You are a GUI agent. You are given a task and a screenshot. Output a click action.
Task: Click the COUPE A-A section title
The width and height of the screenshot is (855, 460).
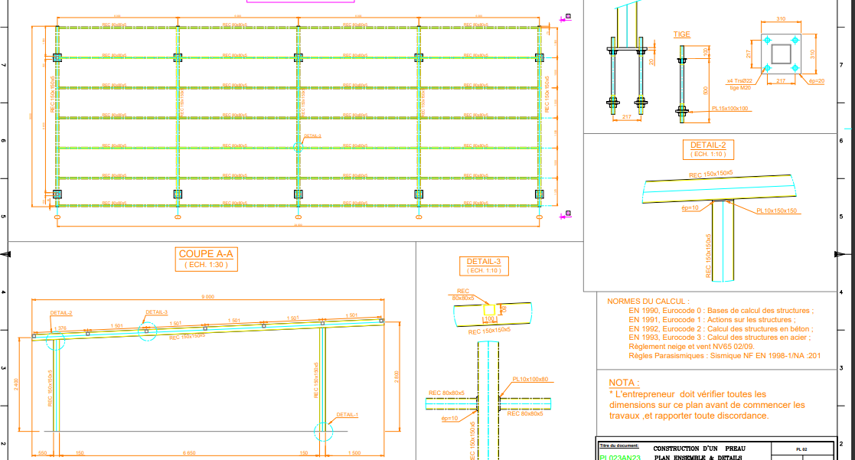(205, 254)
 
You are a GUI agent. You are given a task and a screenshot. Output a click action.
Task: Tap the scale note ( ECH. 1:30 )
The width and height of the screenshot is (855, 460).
(205, 265)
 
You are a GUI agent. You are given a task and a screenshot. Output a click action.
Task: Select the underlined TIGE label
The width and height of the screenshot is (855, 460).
(681, 34)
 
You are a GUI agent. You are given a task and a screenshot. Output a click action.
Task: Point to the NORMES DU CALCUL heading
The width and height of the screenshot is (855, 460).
(648, 302)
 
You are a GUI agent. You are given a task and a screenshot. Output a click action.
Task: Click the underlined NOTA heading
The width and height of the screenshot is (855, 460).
(624, 383)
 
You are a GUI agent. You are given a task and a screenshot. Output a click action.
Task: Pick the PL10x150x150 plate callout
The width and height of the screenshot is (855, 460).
(777, 210)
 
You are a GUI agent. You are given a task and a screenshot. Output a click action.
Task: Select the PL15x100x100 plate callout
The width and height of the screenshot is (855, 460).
(731, 109)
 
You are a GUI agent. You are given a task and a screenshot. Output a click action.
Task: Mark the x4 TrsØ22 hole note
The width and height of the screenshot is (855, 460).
(739, 80)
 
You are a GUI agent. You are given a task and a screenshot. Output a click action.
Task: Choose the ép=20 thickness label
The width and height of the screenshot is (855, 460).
(817, 80)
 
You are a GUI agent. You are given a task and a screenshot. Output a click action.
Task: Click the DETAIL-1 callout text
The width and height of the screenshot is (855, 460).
(347, 415)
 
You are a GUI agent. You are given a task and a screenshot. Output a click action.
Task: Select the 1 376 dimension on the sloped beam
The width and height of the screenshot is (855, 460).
(61, 328)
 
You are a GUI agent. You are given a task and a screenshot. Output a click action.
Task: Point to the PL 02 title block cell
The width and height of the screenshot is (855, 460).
(801, 449)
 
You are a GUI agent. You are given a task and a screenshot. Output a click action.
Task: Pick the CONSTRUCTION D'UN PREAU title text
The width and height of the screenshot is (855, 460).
(699, 449)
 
